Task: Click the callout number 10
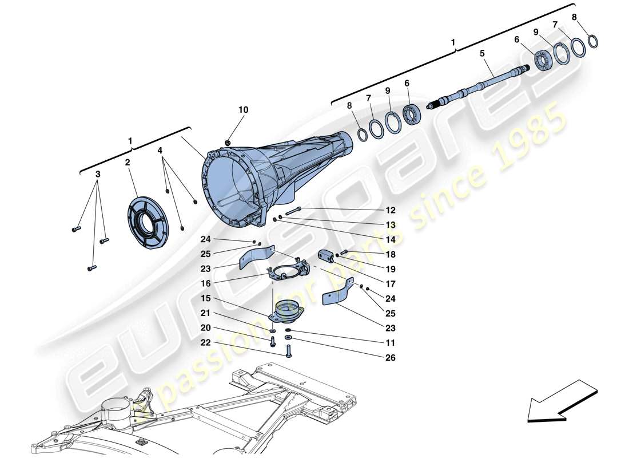(244, 109)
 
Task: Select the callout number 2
(128, 163)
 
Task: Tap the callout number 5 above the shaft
(482, 53)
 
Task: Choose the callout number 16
(205, 283)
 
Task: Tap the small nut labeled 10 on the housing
(228, 141)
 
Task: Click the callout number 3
(98, 174)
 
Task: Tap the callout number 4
(161, 151)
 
